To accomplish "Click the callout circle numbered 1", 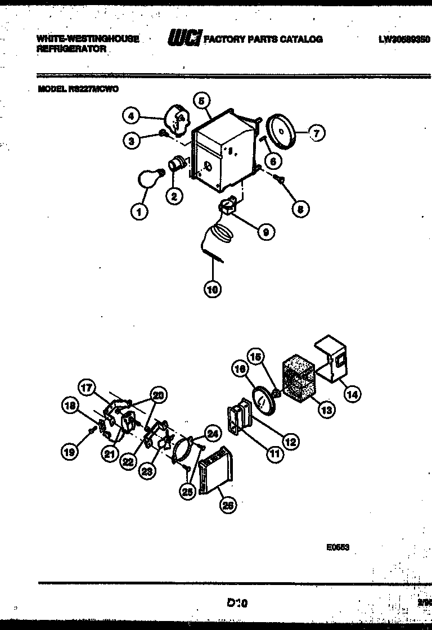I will [138, 212].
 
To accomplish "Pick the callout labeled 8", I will [300, 209].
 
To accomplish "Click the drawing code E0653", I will [337, 546].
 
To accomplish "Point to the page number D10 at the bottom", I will [237, 602].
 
